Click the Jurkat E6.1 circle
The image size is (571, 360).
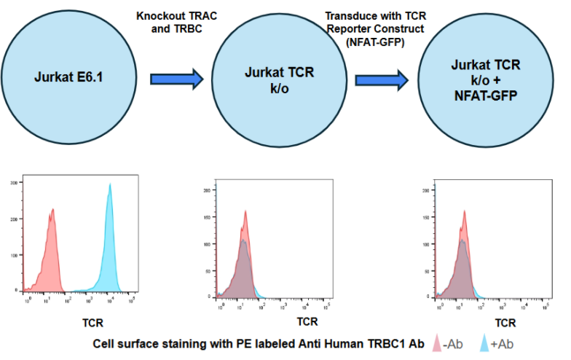click(67, 77)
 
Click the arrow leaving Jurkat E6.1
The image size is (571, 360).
click(176, 79)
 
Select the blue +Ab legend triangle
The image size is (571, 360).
click(487, 343)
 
